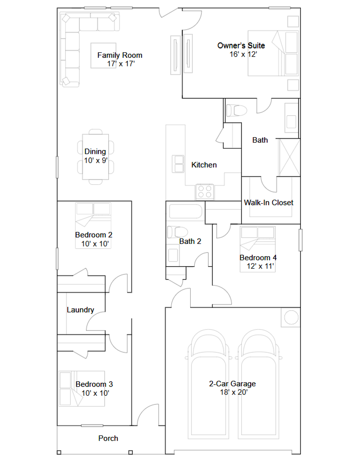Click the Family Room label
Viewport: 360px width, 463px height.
coord(120,55)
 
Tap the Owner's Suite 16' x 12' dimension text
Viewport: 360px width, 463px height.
coord(243,54)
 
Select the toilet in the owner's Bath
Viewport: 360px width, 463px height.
coord(236,111)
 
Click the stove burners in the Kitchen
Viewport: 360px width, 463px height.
coord(205,191)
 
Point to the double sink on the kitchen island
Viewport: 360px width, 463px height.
coord(178,164)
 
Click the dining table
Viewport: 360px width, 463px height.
coord(96,157)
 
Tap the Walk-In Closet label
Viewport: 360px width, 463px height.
coord(269,202)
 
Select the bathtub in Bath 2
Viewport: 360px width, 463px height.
coord(185,211)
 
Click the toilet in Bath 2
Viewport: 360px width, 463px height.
coord(177,232)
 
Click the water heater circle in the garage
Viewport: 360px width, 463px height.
coord(291,318)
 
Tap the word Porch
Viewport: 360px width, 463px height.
coord(108,438)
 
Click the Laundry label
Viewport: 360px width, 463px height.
coord(80,310)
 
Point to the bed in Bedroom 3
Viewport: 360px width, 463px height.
coord(82,388)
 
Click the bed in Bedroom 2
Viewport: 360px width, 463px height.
coord(93,225)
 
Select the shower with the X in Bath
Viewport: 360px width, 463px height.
coord(289,158)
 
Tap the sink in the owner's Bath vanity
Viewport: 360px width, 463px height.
coord(291,122)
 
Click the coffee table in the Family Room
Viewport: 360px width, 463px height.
coord(103,55)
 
